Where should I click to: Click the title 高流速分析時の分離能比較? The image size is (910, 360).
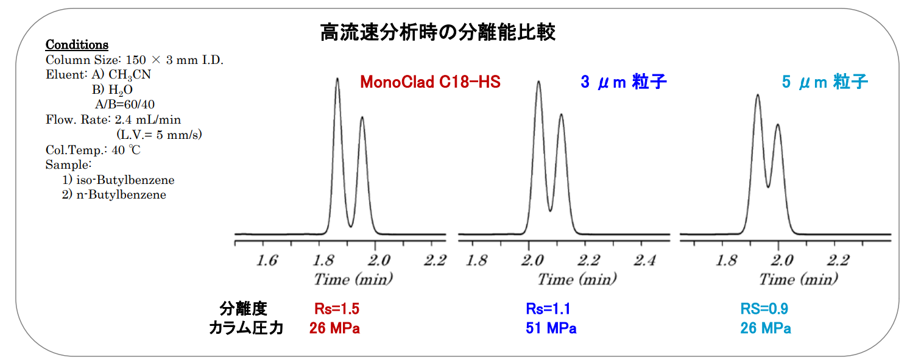pos(437,32)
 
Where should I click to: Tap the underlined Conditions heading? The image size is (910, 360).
pos(77,45)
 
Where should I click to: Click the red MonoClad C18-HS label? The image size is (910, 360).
pos(430,82)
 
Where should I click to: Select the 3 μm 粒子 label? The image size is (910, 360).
pos(623,82)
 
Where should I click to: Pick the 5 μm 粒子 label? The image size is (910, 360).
pos(825,82)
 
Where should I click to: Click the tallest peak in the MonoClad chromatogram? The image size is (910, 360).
pos(337,79)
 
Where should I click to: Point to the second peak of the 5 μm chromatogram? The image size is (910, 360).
pos(777,125)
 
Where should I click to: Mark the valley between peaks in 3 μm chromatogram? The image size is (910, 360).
pos(550,210)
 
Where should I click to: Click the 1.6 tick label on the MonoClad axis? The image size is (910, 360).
pos(267,261)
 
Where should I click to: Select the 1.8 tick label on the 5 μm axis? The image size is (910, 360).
pos(727,261)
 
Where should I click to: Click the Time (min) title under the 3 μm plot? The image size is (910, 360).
pos(576,280)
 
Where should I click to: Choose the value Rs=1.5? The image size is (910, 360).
pos(333,309)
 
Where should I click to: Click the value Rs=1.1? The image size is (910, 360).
pos(548,309)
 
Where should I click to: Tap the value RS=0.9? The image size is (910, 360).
pos(764,309)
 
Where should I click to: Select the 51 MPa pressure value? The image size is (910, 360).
pos(551,329)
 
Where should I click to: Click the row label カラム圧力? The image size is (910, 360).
pos(246,329)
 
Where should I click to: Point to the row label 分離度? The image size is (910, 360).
pos(244,309)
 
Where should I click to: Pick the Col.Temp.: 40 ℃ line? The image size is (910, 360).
pos(93,150)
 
